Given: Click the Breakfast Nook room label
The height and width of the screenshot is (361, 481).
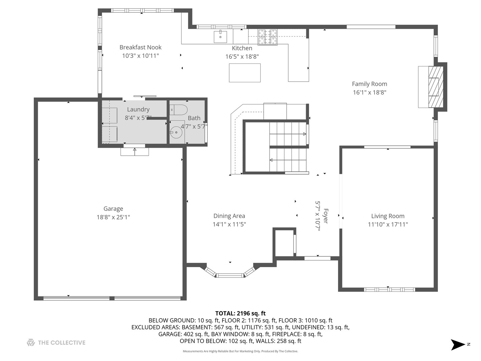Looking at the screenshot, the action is pos(141,47).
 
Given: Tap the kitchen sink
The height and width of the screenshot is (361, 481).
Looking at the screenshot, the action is pos(220,37).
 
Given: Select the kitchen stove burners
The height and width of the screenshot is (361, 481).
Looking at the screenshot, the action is pos(267,37).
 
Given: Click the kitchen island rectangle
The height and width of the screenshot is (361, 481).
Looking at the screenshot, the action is pos(245,73).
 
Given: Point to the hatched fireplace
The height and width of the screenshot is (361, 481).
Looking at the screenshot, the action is pos(436,87).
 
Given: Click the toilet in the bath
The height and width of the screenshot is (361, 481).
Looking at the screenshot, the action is pos(179,110).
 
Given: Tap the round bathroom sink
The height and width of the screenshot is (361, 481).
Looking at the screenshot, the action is pos(176,132).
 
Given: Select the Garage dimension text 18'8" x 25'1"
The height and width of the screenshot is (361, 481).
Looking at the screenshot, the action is pos(113,217).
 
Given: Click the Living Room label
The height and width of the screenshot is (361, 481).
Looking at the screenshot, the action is pos(388,216).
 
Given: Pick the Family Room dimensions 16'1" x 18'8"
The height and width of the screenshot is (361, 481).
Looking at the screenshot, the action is pos(369,93).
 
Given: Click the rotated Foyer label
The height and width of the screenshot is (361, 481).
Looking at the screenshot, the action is pos(326,216).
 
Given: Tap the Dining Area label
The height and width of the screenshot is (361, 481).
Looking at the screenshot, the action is pos(229,216).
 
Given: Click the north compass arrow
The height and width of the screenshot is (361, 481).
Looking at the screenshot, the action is pos(457,345).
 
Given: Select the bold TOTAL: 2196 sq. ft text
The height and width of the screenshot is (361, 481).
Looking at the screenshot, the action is pos(240,313).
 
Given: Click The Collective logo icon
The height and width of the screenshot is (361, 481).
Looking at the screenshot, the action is pos(31,343).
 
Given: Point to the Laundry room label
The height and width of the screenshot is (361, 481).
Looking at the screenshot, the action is pos(138,109).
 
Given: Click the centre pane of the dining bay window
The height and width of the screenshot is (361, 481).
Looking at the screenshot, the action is pos(230,275).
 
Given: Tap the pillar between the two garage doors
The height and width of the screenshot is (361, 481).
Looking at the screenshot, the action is pos(112,298).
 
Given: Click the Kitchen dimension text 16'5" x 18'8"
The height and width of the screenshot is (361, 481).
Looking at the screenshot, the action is pos(242,57).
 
